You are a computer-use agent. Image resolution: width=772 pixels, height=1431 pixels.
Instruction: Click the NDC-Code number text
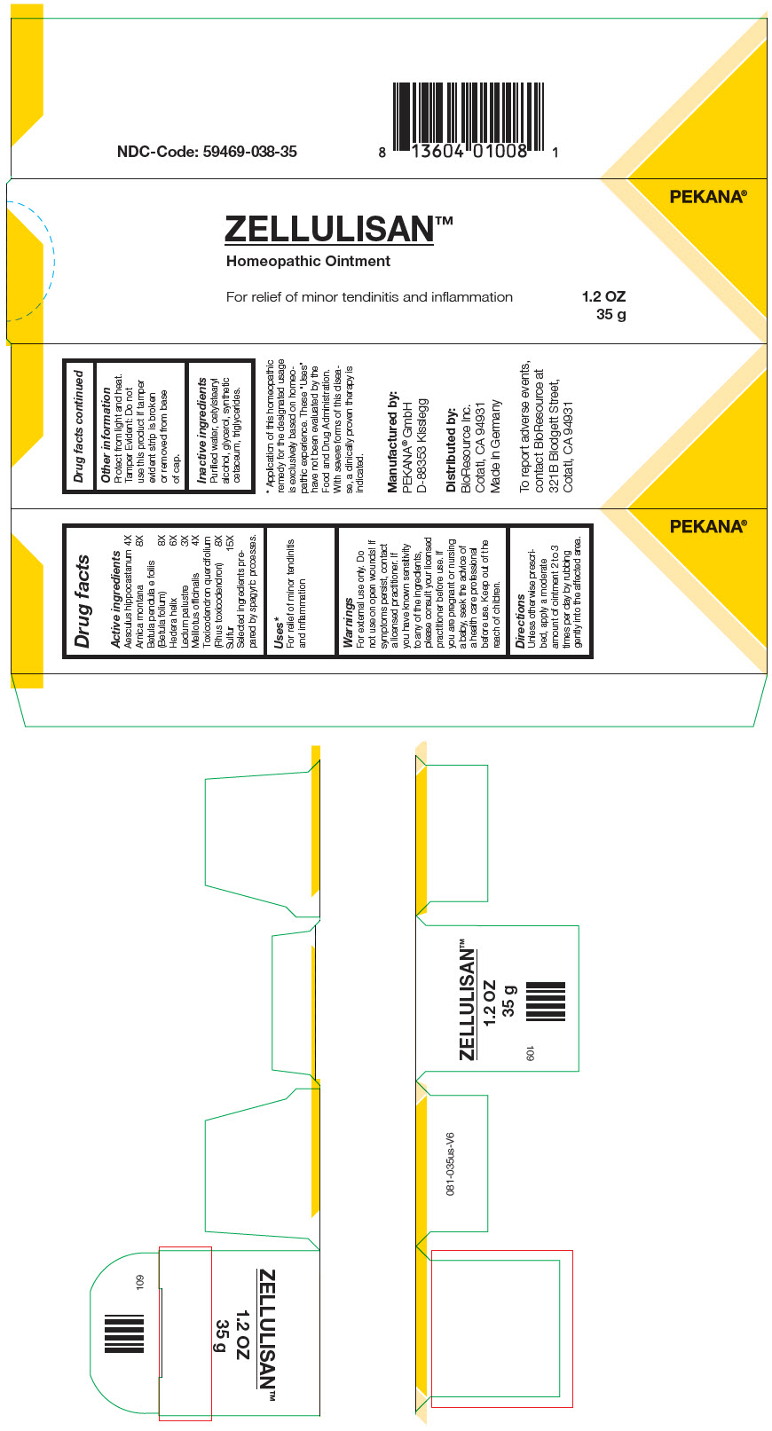[207, 152]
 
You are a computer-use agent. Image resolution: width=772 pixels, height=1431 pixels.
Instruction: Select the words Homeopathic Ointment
[308, 261]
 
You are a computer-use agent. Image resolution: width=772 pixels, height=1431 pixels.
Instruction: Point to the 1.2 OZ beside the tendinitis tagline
[603, 296]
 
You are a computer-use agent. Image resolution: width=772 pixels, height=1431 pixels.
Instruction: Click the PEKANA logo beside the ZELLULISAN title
[707, 197]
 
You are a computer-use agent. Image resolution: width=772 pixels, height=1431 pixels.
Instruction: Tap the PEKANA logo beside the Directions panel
[707, 526]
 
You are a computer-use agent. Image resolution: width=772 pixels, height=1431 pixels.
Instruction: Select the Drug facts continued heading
[79, 427]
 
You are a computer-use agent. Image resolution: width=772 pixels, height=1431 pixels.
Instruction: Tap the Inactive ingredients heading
[201, 430]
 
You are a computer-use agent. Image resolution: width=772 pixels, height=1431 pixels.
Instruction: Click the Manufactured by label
[392, 442]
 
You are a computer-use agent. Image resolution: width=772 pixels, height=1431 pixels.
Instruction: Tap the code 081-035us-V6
[451, 1163]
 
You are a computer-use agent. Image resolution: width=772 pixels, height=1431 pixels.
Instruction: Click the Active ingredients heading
[115, 599]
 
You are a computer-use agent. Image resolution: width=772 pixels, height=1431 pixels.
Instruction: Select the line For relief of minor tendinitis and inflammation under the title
[369, 296]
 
